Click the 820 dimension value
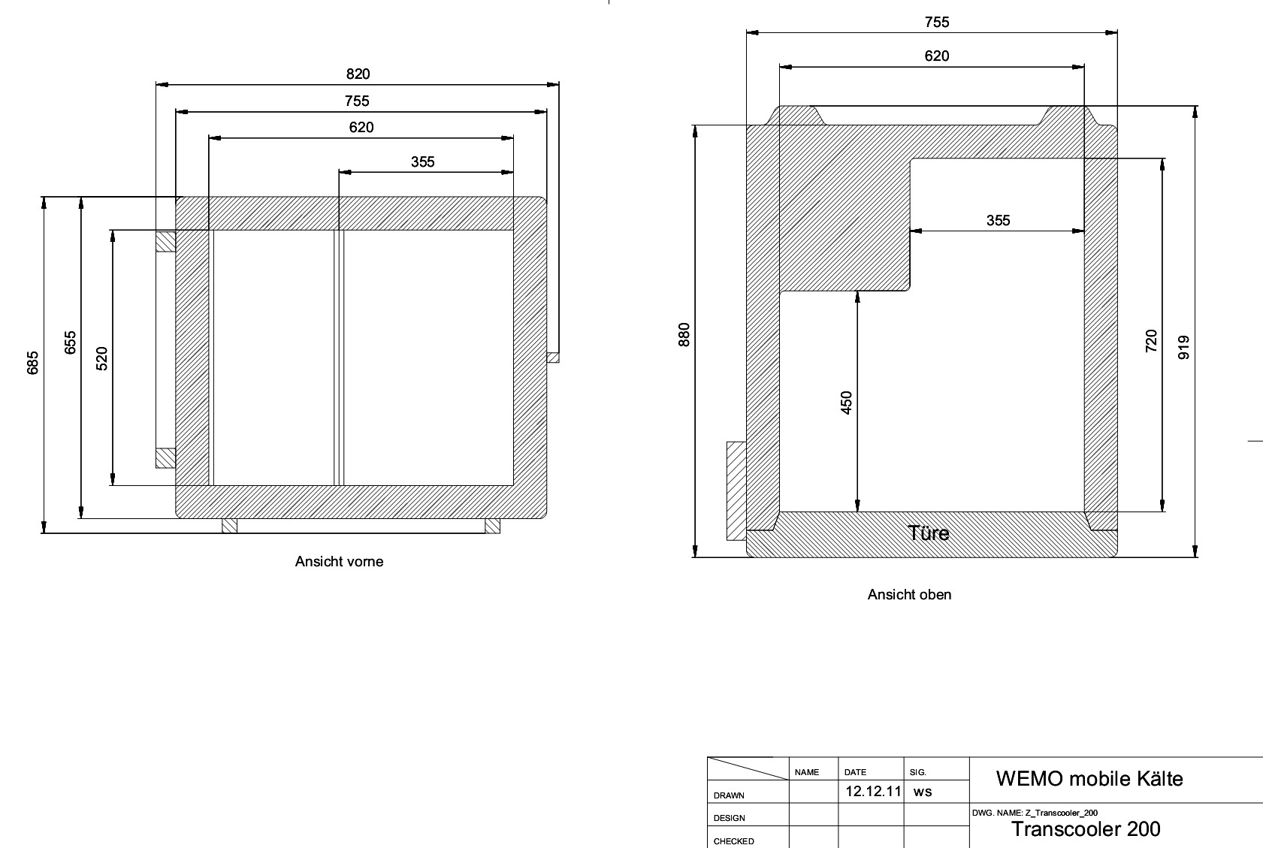pos(358,74)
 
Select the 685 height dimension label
pos(33,363)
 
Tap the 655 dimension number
pos(70,343)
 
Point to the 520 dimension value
pos(101,358)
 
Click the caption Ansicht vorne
pos(339,562)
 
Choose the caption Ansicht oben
pos(909,594)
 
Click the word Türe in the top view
pos(928,533)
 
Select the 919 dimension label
pos(1184,347)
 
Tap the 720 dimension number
pos(1151,341)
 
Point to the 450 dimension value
pos(846,403)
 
